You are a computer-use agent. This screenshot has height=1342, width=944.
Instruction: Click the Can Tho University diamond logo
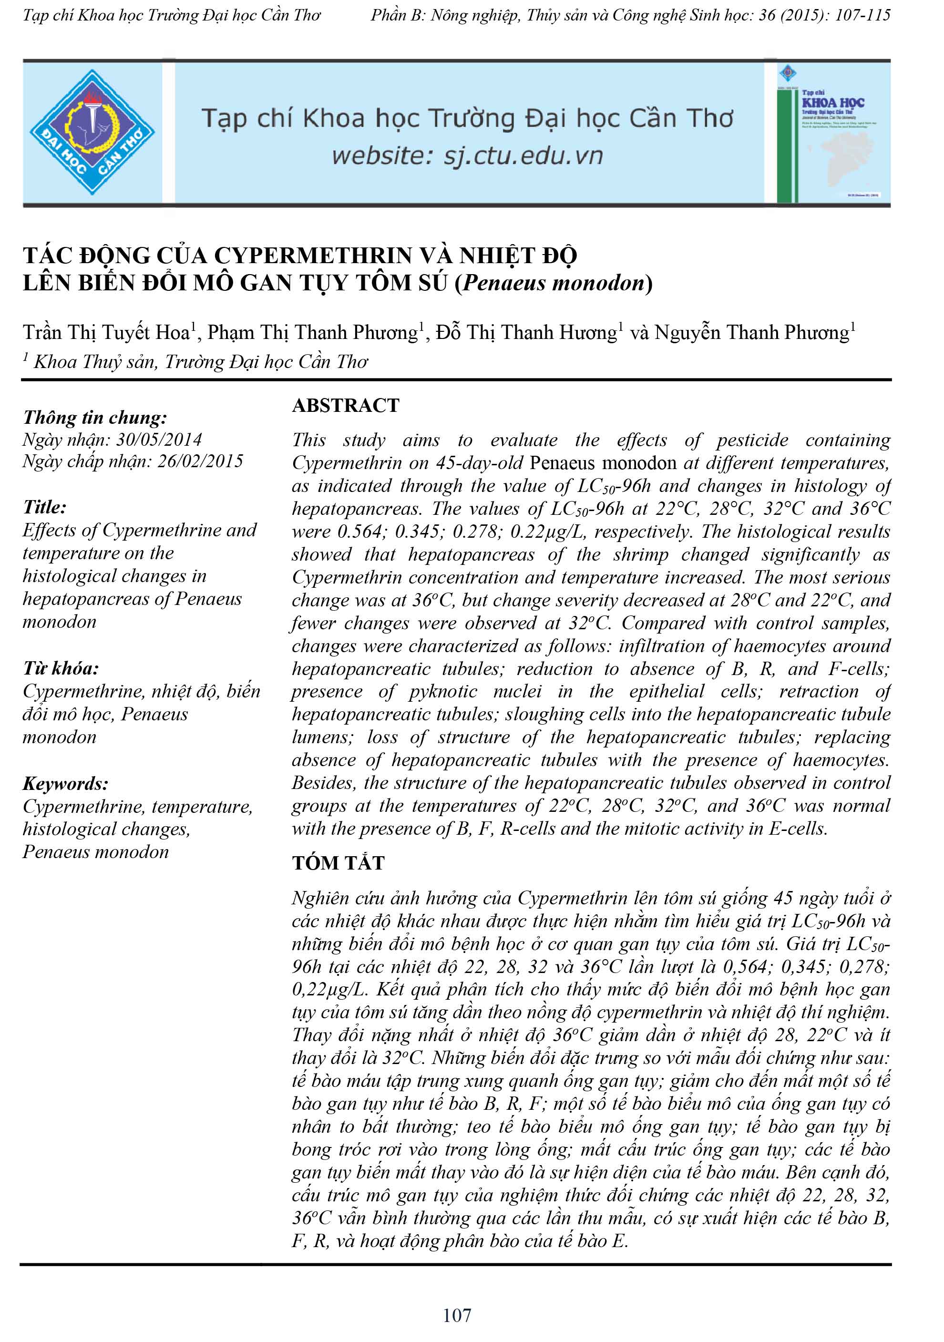[x=92, y=132]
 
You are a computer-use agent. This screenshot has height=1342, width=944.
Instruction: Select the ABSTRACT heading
[x=346, y=406]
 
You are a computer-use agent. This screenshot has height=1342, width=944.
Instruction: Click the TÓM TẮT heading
[x=339, y=863]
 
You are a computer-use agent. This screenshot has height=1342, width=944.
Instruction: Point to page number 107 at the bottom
[x=457, y=1315]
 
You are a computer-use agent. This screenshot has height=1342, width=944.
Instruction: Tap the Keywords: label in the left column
[x=65, y=784]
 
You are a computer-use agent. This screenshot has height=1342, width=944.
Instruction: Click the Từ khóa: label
[x=61, y=668]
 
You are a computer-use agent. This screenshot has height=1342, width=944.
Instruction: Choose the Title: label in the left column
[x=44, y=507]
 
